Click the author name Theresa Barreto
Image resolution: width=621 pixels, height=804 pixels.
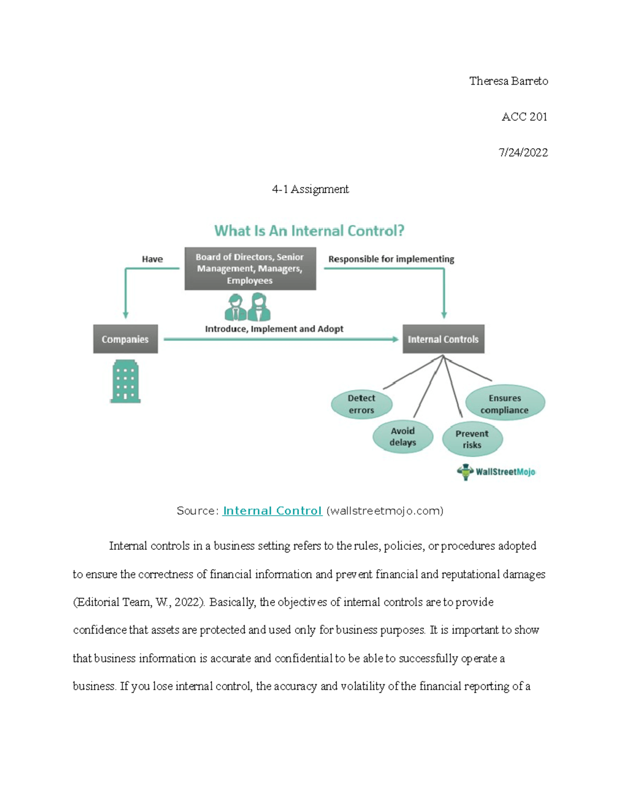(509, 81)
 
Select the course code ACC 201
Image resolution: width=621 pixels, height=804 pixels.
(524, 117)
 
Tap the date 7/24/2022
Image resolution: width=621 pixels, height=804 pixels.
(523, 152)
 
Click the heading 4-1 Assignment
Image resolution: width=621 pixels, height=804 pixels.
(310, 189)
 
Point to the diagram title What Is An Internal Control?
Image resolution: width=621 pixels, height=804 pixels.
(309, 231)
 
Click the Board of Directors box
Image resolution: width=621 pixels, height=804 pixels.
(250, 269)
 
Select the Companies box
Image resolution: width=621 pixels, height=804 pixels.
(125, 339)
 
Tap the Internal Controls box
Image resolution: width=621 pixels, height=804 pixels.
(443, 339)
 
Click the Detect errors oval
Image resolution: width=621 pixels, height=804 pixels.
(361, 404)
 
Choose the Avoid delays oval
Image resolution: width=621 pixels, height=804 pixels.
(403, 436)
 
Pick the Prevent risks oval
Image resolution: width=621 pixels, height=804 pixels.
(472, 439)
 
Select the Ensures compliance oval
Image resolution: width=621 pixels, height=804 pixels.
(505, 403)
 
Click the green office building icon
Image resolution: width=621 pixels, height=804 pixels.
(125, 381)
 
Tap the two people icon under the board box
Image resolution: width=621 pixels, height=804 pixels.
(247, 307)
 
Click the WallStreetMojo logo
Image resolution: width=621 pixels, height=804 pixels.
(496, 472)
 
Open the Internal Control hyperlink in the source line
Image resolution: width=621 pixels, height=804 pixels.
(272, 511)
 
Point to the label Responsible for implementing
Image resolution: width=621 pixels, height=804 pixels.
(391, 259)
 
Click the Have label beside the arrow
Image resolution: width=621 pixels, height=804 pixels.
(152, 259)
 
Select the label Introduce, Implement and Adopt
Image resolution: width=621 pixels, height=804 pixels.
(274, 329)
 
